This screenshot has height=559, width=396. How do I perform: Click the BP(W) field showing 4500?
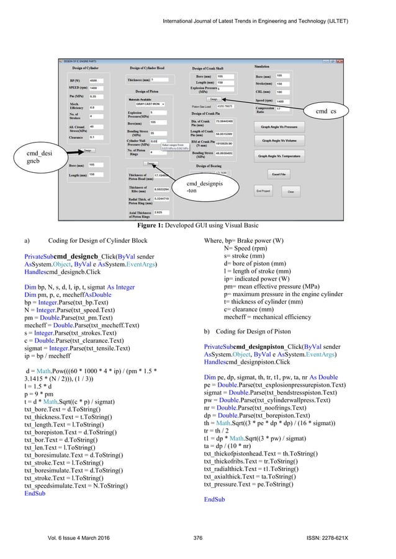(97, 81)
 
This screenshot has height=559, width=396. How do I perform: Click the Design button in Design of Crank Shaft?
(213, 99)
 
